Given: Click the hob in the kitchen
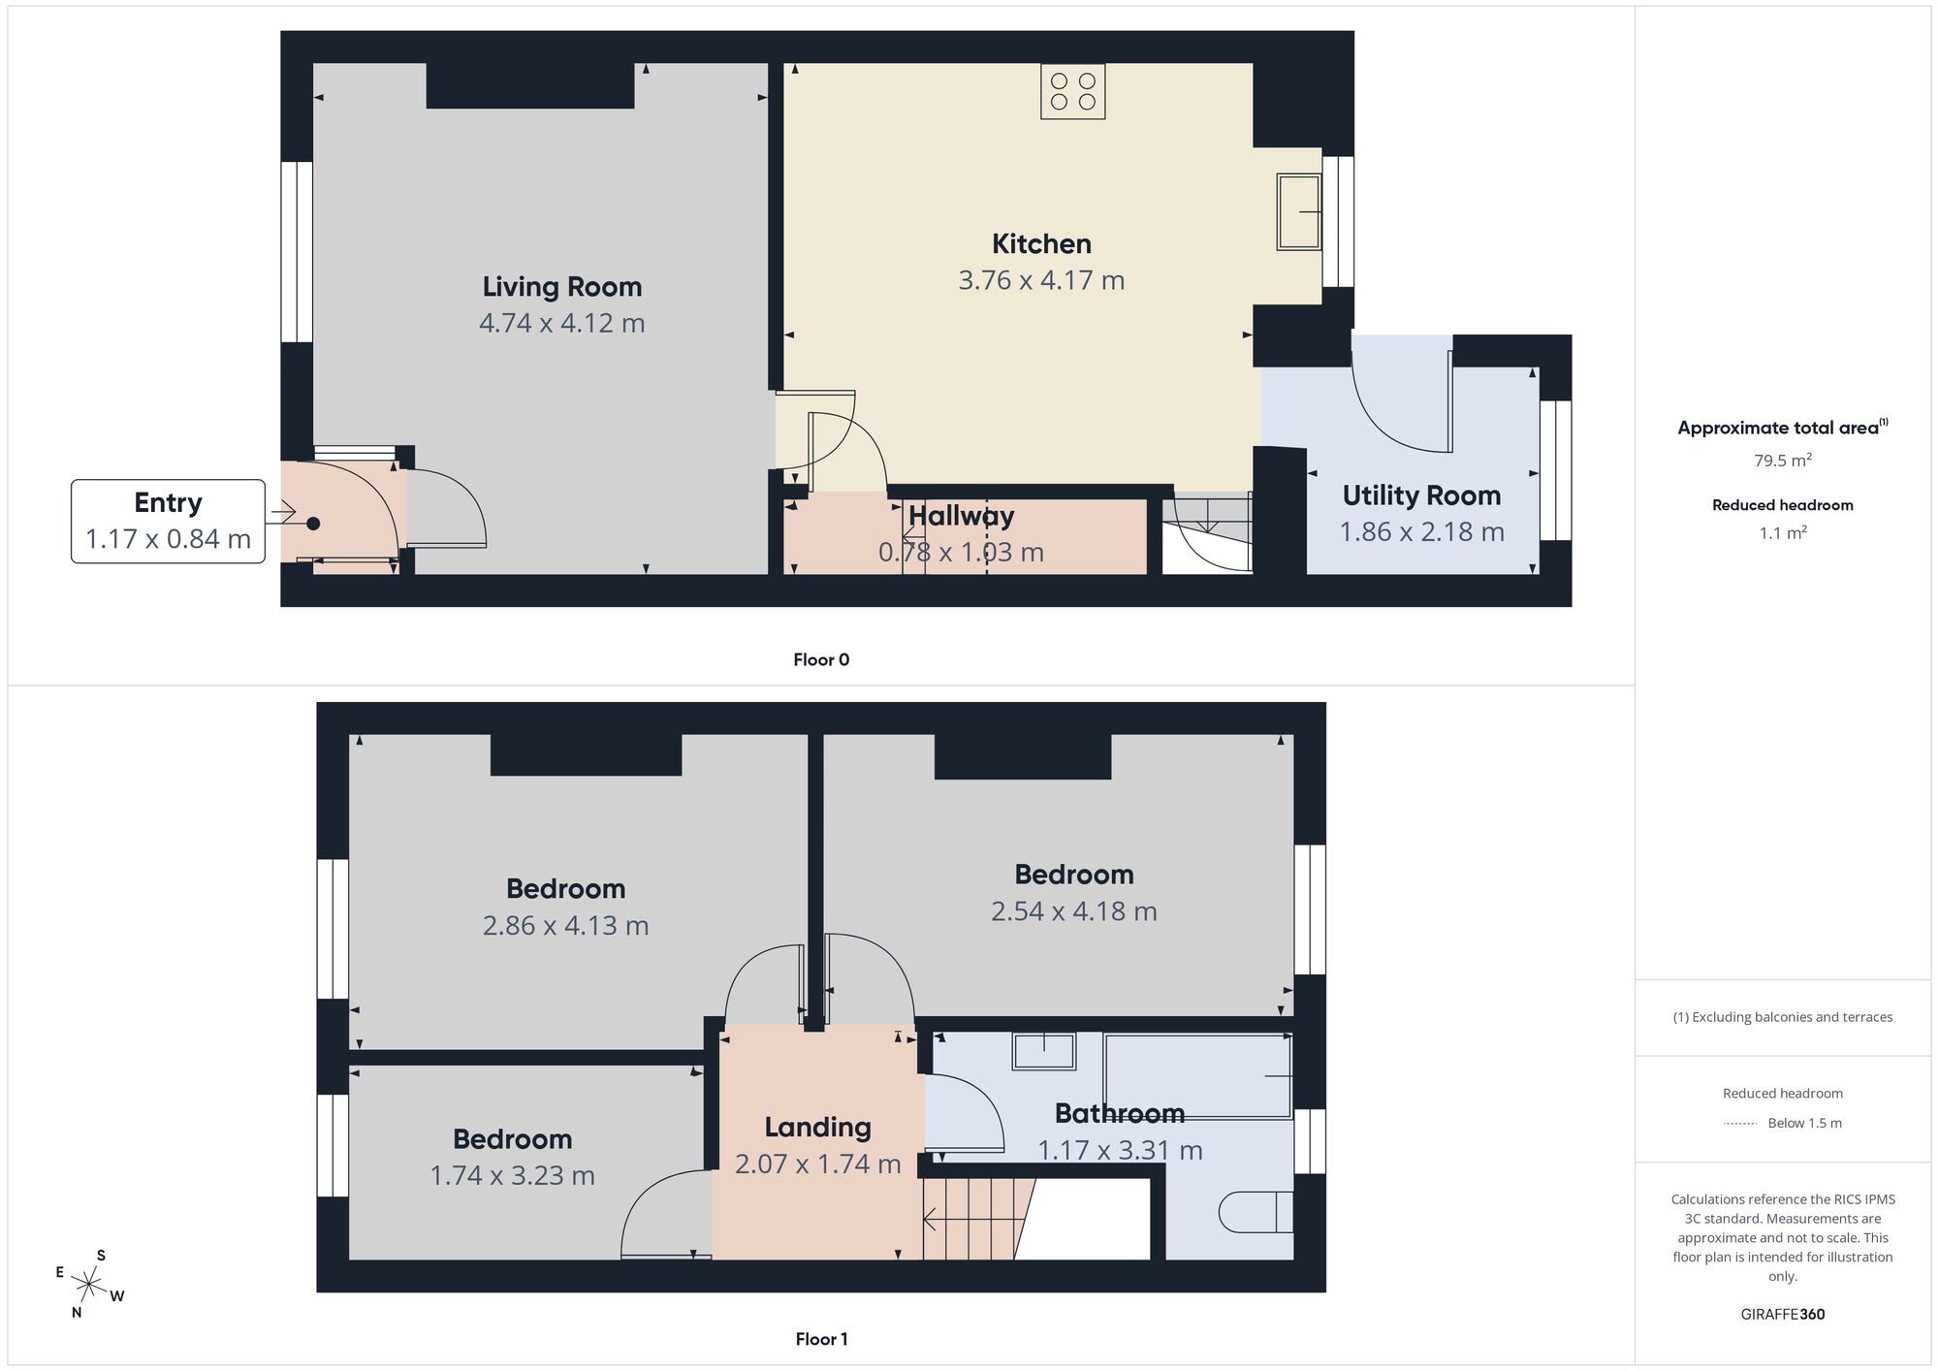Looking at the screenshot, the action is [1072, 91].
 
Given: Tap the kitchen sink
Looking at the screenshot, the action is [1299, 211].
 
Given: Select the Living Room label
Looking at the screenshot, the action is [562, 287].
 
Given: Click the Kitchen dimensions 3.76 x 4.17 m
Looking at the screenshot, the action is [1041, 280].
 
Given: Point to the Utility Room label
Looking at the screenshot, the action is [1421, 495].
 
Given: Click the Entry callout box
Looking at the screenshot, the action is [168, 521].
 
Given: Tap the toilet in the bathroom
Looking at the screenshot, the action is [1255, 1212].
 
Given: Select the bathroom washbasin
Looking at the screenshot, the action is [1044, 1051].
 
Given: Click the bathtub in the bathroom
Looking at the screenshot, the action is [1198, 1076].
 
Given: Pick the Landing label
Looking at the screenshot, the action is [817, 1127].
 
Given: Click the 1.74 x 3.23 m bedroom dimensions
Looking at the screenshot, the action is [512, 1175].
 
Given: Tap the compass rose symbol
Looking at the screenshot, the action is [89, 1286].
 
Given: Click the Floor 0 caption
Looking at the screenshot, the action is [821, 659].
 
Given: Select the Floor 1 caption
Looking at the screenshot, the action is [821, 1339].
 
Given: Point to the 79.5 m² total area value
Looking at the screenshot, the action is [1783, 461].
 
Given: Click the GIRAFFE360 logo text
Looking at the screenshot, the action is [1783, 1315].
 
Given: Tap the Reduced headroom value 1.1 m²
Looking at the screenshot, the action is [1783, 532].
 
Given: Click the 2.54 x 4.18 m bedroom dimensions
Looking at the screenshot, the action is [1073, 911].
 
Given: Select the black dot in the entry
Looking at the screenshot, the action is [313, 524].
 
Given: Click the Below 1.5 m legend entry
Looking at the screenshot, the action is [1783, 1123].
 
